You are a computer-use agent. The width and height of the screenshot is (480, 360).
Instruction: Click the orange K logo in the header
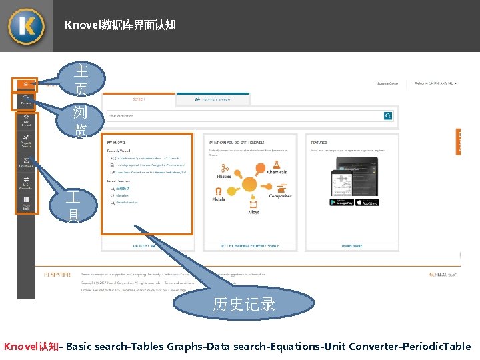point(26,26)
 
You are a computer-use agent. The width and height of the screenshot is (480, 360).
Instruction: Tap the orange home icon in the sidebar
point(25,85)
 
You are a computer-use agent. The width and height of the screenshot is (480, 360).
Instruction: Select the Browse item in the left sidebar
point(25,101)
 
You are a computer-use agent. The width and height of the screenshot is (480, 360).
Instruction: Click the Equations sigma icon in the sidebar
point(26,162)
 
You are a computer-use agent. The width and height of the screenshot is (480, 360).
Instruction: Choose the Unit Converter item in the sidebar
point(26,183)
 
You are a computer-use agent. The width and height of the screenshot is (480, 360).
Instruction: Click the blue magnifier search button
point(388,115)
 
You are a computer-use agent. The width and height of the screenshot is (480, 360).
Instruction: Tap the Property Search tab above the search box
point(213,99)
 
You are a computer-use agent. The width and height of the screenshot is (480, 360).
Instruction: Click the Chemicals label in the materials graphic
point(277,172)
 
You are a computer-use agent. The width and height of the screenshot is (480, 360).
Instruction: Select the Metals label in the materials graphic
point(219,199)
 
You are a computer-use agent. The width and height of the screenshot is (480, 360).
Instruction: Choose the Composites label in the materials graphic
point(280,196)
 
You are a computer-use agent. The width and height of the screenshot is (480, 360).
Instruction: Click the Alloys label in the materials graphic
point(254,212)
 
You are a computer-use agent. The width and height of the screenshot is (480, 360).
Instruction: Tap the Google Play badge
point(341,202)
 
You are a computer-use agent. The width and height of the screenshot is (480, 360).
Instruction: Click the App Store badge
point(367,202)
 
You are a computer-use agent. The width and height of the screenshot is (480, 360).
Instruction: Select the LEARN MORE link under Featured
point(351,246)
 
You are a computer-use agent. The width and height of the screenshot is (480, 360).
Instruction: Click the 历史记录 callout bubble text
point(244,305)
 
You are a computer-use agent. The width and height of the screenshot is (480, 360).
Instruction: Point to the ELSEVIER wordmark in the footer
point(57,274)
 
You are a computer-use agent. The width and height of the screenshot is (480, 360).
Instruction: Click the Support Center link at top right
point(387,84)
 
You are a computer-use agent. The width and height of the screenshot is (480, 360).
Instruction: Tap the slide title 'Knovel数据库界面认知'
point(120,25)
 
